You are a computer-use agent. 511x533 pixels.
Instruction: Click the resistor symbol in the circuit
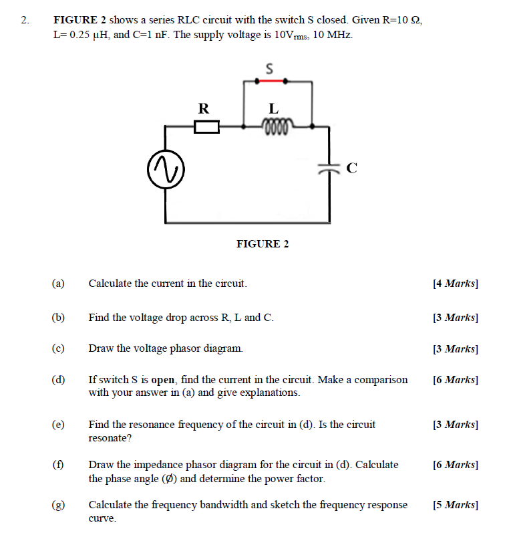(x=206, y=126)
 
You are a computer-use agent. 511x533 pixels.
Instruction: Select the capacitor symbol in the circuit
(x=328, y=169)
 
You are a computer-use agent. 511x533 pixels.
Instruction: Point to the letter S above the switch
(x=270, y=68)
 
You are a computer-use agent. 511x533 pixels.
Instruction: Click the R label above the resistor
(x=204, y=108)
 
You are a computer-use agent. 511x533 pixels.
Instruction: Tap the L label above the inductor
(x=273, y=108)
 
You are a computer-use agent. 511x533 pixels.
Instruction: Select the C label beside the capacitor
(x=351, y=169)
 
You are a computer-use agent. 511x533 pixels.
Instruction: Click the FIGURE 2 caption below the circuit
(x=263, y=244)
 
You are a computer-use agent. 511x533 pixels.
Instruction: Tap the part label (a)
(x=58, y=284)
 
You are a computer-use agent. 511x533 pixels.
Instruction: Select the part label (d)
(x=58, y=380)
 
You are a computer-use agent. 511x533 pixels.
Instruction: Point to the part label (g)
(x=58, y=505)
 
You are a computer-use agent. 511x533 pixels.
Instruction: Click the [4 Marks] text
(x=456, y=284)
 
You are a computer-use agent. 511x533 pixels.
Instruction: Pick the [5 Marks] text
(x=456, y=505)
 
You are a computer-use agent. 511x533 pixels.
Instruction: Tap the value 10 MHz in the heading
(x=332, y=34)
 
